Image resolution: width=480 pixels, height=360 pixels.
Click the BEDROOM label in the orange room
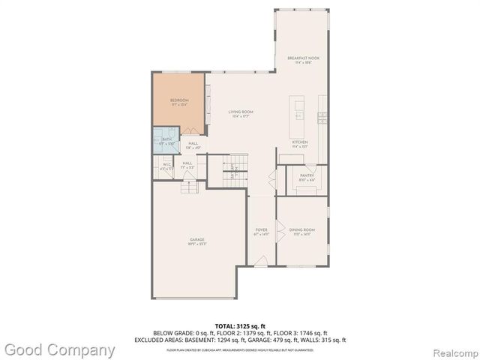(x=179, y=100)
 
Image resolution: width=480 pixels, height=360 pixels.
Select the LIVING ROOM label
(x=239, y=113)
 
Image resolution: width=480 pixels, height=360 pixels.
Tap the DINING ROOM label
(x=301, y=231)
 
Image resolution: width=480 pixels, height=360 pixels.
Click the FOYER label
(x=261, y=231)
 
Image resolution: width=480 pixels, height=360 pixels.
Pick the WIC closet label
(x=166, y=166)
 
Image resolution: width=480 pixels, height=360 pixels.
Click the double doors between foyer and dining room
(x=278, y=232)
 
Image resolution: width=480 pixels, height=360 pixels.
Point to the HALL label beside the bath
(x=193, y=144)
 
